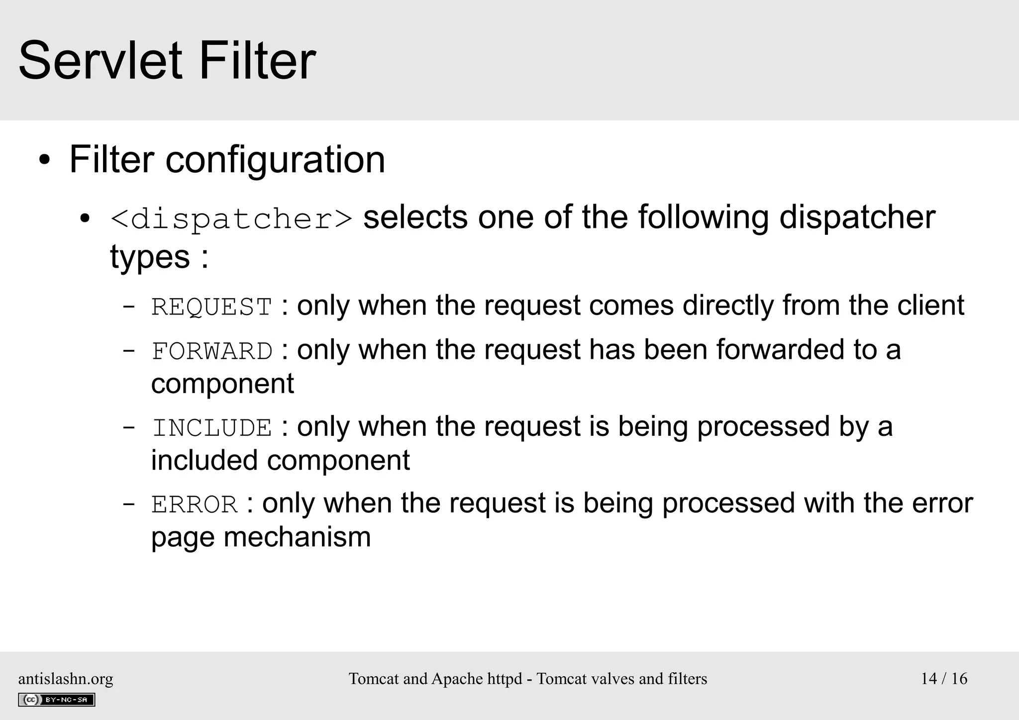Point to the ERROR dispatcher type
click(194, 505)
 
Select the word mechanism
click(297, 537)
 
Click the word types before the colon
click(150, 257)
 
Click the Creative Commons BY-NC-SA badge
click(56, 700)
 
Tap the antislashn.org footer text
click(66, 679)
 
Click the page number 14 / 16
click(944, 679)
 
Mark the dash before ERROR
click(128, 504)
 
